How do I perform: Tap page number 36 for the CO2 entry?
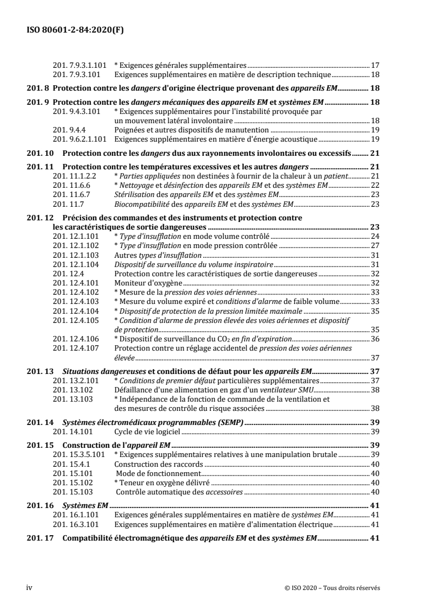pyautogui.click(x=374, y=338)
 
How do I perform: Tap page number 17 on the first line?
pyautogui.click(x=374, y=64)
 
